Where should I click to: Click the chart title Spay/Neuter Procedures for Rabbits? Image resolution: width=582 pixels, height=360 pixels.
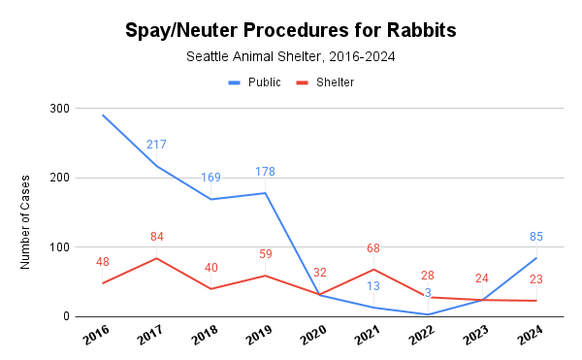(x=290, y=30)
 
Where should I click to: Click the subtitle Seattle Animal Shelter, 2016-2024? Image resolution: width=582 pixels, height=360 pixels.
(x=290, y=56)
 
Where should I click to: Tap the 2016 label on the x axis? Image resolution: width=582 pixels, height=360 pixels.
(x=97, y=337)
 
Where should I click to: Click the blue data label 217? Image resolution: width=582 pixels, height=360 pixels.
(x=156, y=145)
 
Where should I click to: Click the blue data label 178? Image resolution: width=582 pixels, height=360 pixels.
(x=265, y=172)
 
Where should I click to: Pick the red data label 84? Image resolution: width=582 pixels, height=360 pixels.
(x=156, y=237)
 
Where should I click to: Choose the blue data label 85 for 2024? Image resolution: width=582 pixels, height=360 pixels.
(x=536, y=236)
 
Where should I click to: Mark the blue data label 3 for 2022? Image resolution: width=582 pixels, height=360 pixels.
(x=428, y=293)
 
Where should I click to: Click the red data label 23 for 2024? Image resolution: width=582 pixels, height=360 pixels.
(x=536, y=279)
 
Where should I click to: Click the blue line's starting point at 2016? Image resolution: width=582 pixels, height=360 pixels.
(x=102, y=115)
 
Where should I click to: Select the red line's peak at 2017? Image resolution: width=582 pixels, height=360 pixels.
(x=156, y=258)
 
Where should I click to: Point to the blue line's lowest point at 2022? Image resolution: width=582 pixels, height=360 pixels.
(x=428, y=314)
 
